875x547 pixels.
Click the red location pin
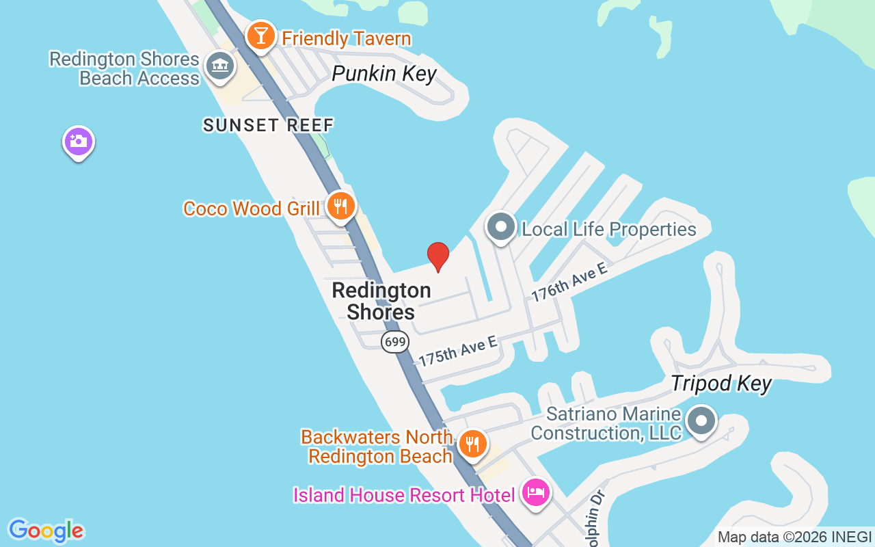coord(438,256)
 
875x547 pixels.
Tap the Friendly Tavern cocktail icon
coord(260,36)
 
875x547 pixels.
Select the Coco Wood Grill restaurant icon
coord(340,206)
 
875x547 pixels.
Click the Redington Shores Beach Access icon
coord(219,66)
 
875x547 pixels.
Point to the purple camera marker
coord(79,142)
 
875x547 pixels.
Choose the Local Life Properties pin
coord(501,226)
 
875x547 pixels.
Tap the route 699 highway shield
coord(395,341)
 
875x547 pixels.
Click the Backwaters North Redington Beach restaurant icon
coord(472,444)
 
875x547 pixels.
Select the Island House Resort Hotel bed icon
coord(536,492)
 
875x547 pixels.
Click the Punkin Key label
coord(384,74)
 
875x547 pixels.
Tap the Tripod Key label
coord(721,384)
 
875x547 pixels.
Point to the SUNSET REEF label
coord(269,125)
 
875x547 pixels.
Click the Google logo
coord(46,531)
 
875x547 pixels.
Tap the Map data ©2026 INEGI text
coord(794,537)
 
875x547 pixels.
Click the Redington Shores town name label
coord(381,301)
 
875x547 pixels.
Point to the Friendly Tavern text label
coord(347,38)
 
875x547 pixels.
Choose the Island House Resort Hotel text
coord(404,494)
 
